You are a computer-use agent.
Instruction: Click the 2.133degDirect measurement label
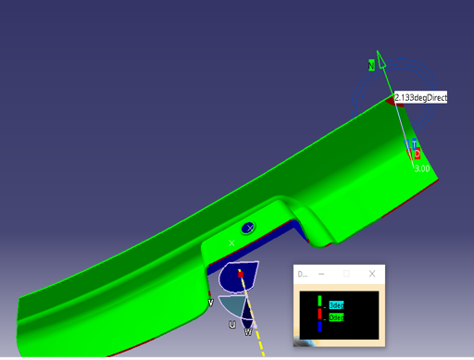point(420,96)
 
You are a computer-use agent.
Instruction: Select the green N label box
point(372,66)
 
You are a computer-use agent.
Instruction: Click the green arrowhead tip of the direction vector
point(380,54)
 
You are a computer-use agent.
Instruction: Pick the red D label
point(417,154)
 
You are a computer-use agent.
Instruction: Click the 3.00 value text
point(421,168)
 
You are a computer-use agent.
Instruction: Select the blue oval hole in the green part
point(248,228)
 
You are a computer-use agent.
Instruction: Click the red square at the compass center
point(241,274)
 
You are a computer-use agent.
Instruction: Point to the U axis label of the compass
point(231,325)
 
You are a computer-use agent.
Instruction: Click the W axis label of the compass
point(247,331)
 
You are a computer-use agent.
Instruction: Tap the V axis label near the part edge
point(211,302)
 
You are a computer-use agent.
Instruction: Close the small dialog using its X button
point(372,275)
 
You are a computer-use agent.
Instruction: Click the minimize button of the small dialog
point(321,275)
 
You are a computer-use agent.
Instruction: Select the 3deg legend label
point(336,305)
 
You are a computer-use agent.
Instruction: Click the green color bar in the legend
point(319,302)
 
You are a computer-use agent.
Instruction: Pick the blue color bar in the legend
point(319,326)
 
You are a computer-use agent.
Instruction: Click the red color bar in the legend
point(319,315)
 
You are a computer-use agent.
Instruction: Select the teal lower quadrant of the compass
point(233,306)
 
